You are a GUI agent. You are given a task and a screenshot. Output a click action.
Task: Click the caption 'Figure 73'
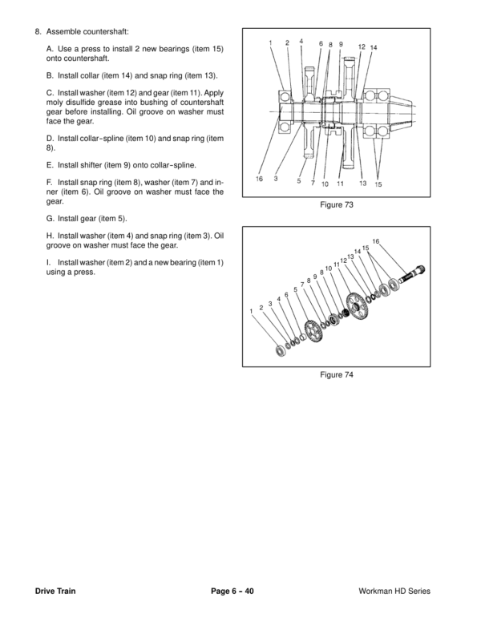click(337, 206)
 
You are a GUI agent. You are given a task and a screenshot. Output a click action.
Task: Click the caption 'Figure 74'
click(337, 374)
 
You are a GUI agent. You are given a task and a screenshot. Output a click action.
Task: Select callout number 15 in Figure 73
click(378, 184)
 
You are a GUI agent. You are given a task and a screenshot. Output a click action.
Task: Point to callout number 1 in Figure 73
click(271, 42)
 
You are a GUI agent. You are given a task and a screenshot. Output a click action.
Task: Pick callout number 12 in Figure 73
click(362, 46)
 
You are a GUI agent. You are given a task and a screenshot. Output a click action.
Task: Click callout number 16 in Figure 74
click(375, 241)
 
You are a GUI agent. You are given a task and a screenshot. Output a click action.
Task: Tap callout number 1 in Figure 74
click(252, 310)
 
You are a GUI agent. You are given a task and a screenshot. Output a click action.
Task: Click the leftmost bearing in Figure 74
click(282, 350)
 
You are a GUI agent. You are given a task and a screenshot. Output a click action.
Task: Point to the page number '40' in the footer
click(249, 591)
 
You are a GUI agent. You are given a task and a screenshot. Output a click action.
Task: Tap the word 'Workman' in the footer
click(378, 591)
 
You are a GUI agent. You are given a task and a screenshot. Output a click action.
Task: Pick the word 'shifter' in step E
click(87, 164)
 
